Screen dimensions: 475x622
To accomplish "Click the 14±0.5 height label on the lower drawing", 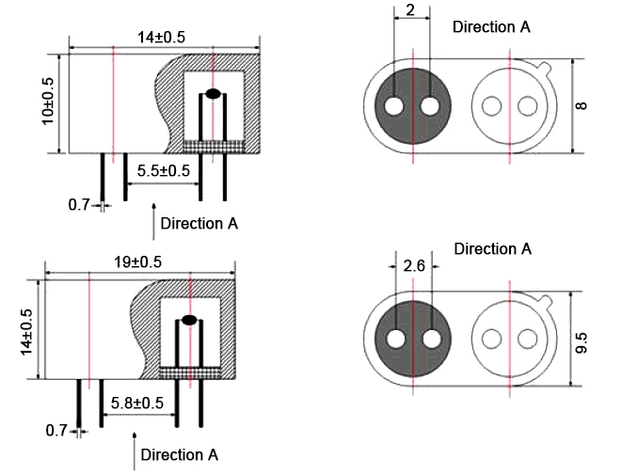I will point(26,331).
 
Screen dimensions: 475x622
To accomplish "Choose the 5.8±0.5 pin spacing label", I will point(137,402).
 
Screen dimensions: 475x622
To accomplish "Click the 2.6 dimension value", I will point(414,266).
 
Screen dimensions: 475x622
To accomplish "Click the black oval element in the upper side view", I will point(214,94).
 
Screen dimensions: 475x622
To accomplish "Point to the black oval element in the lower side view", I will point(189,320).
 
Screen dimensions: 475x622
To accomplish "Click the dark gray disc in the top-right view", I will point(413,106).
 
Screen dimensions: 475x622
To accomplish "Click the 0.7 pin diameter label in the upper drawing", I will point(79,203).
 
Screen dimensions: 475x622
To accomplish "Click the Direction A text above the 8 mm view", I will point(491,26).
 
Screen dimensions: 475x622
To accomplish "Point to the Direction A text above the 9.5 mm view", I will point(492,249).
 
